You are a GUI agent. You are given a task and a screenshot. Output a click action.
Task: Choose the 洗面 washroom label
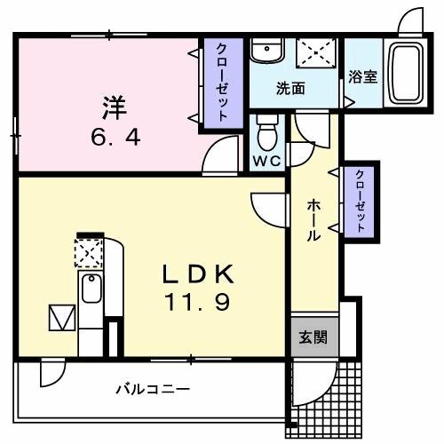coord(289,89)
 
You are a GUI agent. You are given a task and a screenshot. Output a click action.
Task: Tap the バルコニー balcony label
coord(153,389)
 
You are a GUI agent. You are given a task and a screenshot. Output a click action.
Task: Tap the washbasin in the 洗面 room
coord(263,53)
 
